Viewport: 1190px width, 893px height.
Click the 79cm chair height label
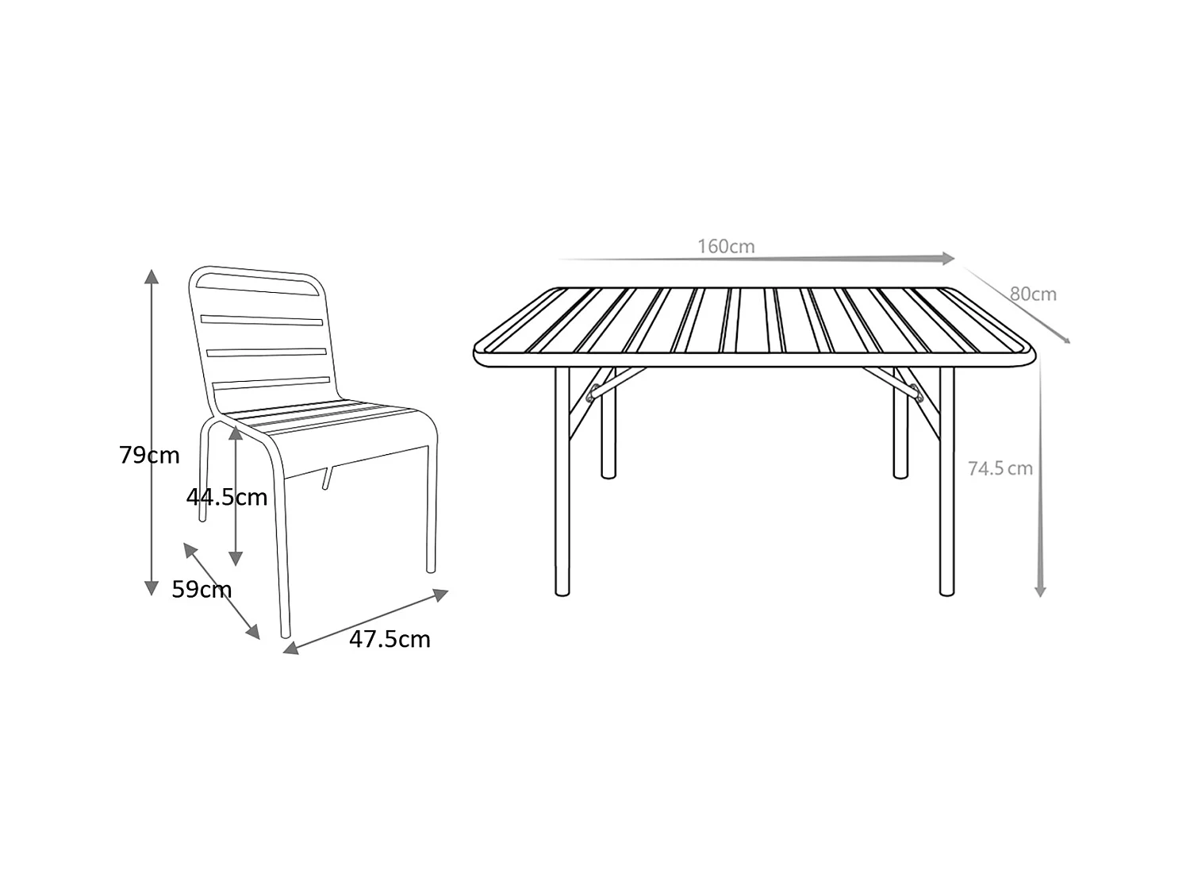point(149,456)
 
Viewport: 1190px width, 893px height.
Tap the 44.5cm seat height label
point(227,498)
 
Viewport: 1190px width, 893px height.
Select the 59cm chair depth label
point(202,590)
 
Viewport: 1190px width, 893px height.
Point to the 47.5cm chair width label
point(390,639)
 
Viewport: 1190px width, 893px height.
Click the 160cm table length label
point(726,246)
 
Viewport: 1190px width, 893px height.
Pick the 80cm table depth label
point(1033,294)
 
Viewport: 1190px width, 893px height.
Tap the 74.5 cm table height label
point(1000,468)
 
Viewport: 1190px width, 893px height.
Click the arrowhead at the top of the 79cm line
point(152,276)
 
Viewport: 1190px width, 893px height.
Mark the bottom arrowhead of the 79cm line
point(152,588)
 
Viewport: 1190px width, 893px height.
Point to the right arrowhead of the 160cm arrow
point(948,258)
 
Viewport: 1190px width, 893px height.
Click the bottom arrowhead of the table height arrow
point(1040,591)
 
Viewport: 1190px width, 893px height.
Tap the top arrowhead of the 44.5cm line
point(236,433)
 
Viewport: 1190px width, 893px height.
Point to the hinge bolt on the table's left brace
point(593,390)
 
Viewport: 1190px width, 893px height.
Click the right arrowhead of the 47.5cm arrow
point(441,594)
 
